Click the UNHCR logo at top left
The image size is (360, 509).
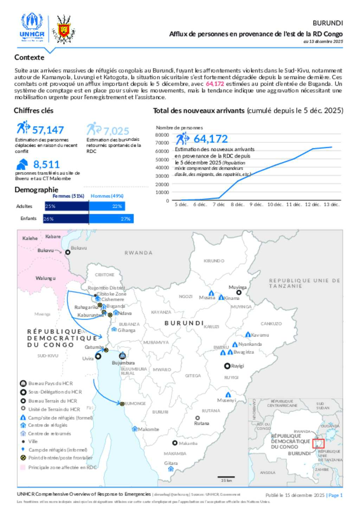(32, 27)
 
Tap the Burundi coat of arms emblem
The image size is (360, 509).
(64, 29)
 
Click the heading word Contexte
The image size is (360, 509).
(29, 57)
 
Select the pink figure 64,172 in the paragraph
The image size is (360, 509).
(215, 84)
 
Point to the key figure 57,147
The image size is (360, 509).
(48, 130)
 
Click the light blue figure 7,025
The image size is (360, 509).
(116, 131)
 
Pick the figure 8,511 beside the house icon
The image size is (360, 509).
(46, 164)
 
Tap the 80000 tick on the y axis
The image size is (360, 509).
(162, 135)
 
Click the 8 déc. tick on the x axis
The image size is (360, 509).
(237, 204)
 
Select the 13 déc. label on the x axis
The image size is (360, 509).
(331, 204)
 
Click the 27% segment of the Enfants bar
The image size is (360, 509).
(111, 219)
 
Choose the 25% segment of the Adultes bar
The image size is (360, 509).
(66, 206)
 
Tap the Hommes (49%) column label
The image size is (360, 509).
(107, 196)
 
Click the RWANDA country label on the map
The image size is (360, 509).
(139, 253)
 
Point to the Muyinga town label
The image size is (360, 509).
(238, 287)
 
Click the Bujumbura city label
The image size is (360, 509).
(123, 363)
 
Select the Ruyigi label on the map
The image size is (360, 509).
(237, 366)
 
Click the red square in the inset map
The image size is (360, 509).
(318, 443)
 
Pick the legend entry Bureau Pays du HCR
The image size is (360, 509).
(50, 383)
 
